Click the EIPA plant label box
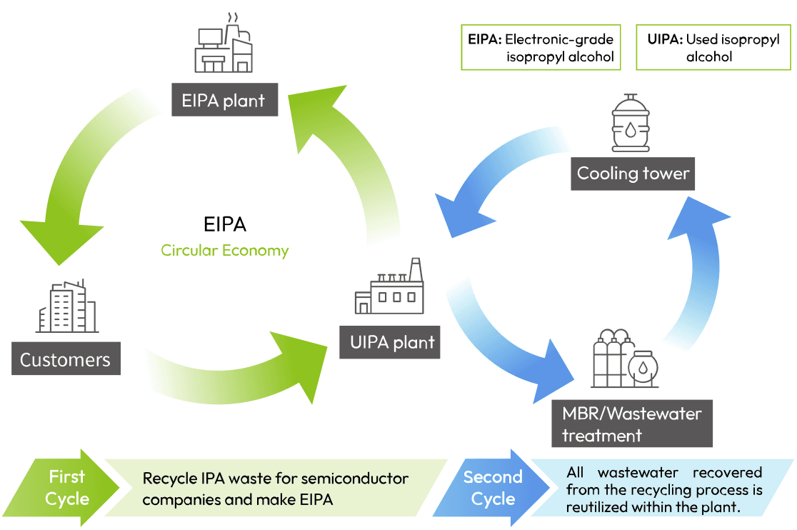(225, 99)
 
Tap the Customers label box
(66, 359)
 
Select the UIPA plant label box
(390, 342)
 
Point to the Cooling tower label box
(633, 174)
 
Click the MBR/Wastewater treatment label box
(632, 424)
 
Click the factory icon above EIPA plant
(224, 43)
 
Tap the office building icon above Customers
(67, 306)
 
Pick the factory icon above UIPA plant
(389, 286)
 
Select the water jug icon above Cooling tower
(631, 123)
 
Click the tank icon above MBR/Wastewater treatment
(625, 359)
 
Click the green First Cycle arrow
(64, 488)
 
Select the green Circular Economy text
(225, 251)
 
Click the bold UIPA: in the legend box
(665, 39)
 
